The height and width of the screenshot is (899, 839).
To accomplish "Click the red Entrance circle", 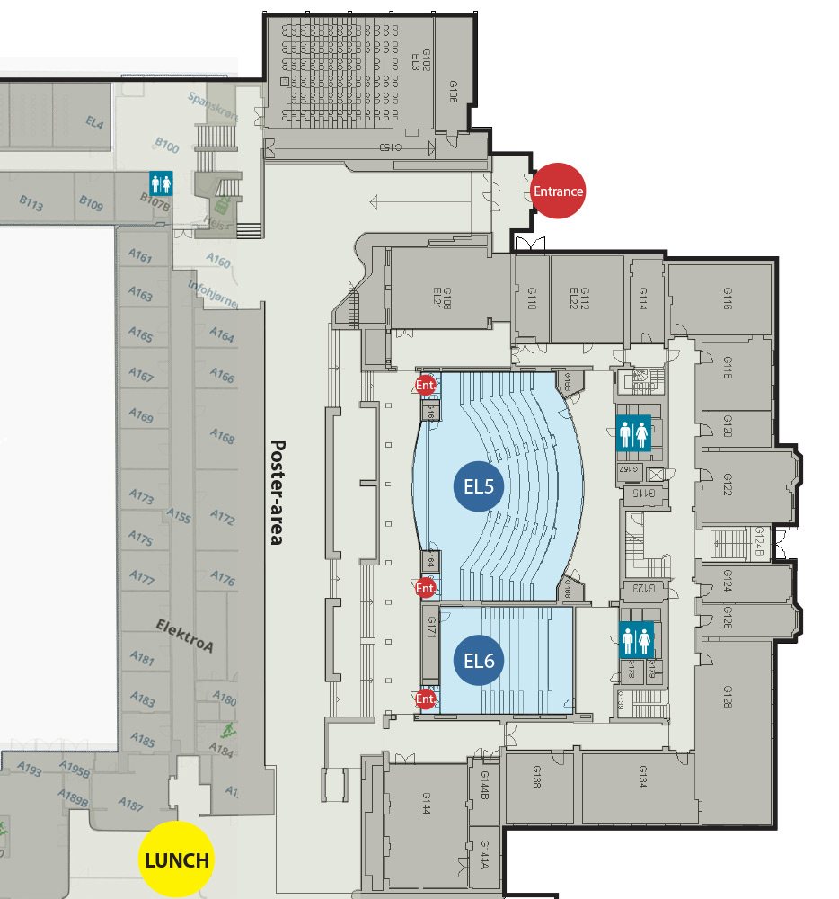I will click(x=559, y=191).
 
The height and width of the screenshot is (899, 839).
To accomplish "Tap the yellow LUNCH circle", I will click(x=177, y=859).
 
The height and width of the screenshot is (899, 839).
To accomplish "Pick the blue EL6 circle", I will click(x=479, y=661).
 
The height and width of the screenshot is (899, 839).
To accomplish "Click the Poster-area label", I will click(x=277, y=492).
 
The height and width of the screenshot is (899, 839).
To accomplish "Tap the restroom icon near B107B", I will click(x=161, y=183).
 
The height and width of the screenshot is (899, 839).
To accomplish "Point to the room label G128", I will click(x=728, y=696).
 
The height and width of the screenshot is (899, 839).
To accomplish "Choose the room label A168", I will click(x=222, y=437).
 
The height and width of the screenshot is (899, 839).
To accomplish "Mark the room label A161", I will click(x=141, y=259).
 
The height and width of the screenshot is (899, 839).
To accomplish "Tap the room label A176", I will click(x=222, y=577).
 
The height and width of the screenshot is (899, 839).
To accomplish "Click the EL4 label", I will click(x=95, y=121).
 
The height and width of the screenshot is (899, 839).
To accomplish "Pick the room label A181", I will click(x=142, y=658).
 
